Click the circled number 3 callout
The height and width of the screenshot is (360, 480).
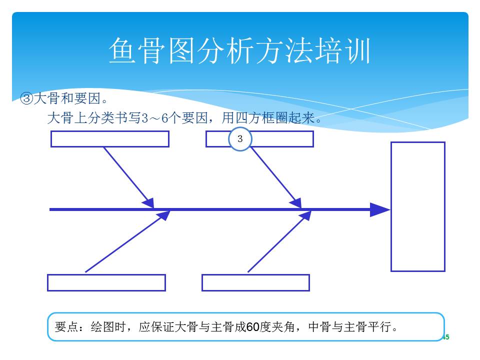[x=240, y=139]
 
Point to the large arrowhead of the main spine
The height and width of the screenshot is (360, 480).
[x=380, y=209]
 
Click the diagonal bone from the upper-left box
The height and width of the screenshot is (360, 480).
[x=129, y=178]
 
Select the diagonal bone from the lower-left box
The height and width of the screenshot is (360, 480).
[x=127, y=241]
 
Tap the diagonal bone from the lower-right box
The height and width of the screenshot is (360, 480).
[x=279, y=241]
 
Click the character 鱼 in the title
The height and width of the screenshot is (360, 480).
[x=122, y=50]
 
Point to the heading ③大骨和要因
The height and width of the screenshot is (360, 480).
[x=63, y=98]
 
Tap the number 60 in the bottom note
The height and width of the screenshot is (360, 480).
[x=253, y=327]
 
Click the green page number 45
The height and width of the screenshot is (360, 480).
[x=445, y=337]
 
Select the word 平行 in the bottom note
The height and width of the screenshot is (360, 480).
[x=379, y=327]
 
